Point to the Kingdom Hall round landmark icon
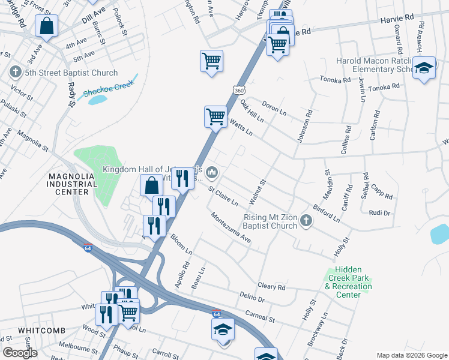point(211,173)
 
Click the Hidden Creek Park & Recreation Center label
point(348,282)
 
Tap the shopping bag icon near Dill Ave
point(46,26)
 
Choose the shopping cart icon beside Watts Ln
point(215,115)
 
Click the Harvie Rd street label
point(397,20)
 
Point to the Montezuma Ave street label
point(230,227)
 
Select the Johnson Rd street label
point(304,125)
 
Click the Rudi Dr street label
point(379,212)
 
